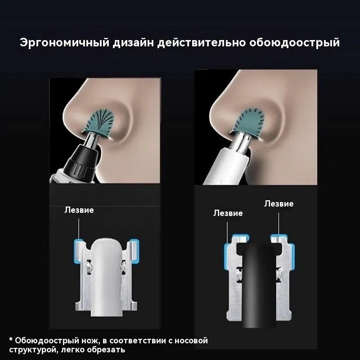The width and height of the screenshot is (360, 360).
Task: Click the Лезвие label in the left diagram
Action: (x=79, y=210)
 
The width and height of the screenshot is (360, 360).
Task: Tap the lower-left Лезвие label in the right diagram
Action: (x=228, y=213)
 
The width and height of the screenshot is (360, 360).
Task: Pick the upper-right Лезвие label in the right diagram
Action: (x=279, y=203)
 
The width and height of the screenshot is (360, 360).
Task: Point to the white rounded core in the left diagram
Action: (x=107, y=274)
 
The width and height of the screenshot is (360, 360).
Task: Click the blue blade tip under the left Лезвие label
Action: (x=77, y=247)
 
